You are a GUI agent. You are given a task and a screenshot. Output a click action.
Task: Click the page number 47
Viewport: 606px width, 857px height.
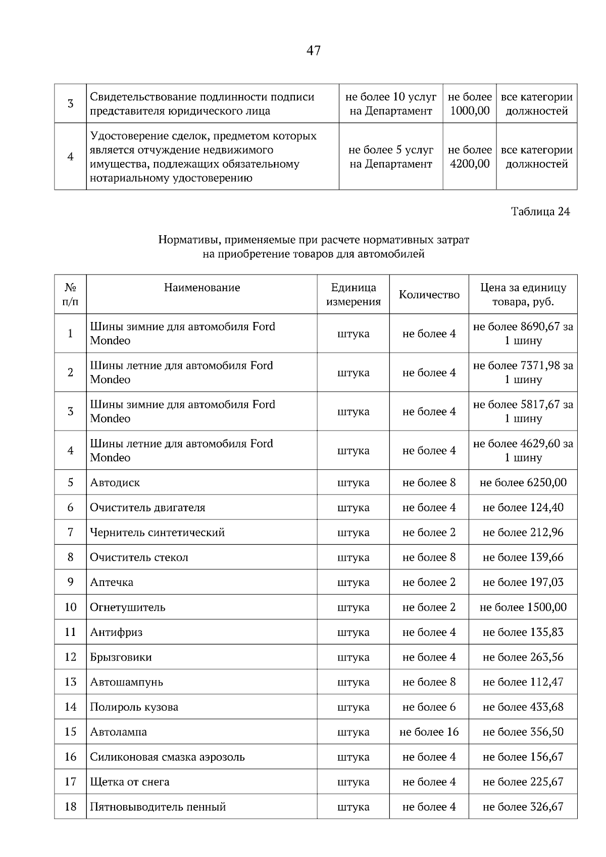click(x=313, y=50)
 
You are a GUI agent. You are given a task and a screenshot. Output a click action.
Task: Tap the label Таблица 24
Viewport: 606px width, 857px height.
click(x=540, y=211)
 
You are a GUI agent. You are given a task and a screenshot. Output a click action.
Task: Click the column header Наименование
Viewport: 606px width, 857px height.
click(x=201, y=288)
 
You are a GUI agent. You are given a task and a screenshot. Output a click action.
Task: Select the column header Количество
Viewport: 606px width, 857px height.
click(x=429, y=295)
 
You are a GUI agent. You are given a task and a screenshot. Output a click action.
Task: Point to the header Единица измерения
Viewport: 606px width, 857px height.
click(x=353, y=295)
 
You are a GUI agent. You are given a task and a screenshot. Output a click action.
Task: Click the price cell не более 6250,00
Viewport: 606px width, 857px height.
click(x=523, y=483)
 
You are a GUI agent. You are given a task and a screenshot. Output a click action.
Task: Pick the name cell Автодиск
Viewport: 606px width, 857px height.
click(x=115, y=483)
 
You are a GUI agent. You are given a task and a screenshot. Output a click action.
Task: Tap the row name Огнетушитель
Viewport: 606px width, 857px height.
click(x=128, y=607)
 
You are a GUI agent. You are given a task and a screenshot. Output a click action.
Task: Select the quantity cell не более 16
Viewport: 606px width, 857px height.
click(x=429, y=732)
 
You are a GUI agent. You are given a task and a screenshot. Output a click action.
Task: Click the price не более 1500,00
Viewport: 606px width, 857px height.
click(x=523, y=607)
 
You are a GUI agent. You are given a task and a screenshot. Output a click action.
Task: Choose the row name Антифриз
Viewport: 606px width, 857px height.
click(x=116, y=632)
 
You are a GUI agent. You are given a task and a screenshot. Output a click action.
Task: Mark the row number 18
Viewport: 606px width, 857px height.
click(x=70, y=807)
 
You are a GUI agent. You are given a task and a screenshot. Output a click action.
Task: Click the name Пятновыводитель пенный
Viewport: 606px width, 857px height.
click(x=158, y=807)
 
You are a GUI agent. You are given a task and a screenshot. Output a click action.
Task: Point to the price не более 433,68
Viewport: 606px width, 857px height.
click(x=523, y=707)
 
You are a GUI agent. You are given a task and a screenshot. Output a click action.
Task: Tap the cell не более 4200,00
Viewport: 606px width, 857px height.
click(x=470, y=157)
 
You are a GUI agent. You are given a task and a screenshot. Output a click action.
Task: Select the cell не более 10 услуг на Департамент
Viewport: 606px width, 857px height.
click(x=391, y=104)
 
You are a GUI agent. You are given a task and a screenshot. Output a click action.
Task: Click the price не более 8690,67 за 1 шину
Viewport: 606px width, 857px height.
click(x=523, y=334)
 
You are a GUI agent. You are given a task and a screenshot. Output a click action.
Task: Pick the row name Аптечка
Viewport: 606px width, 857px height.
click(x=112, y=582)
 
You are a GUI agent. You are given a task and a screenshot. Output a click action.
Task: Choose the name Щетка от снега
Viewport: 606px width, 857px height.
click(x=130, y=782)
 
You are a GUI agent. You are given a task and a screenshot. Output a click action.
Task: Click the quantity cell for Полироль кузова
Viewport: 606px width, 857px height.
click(x=429, y=707)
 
